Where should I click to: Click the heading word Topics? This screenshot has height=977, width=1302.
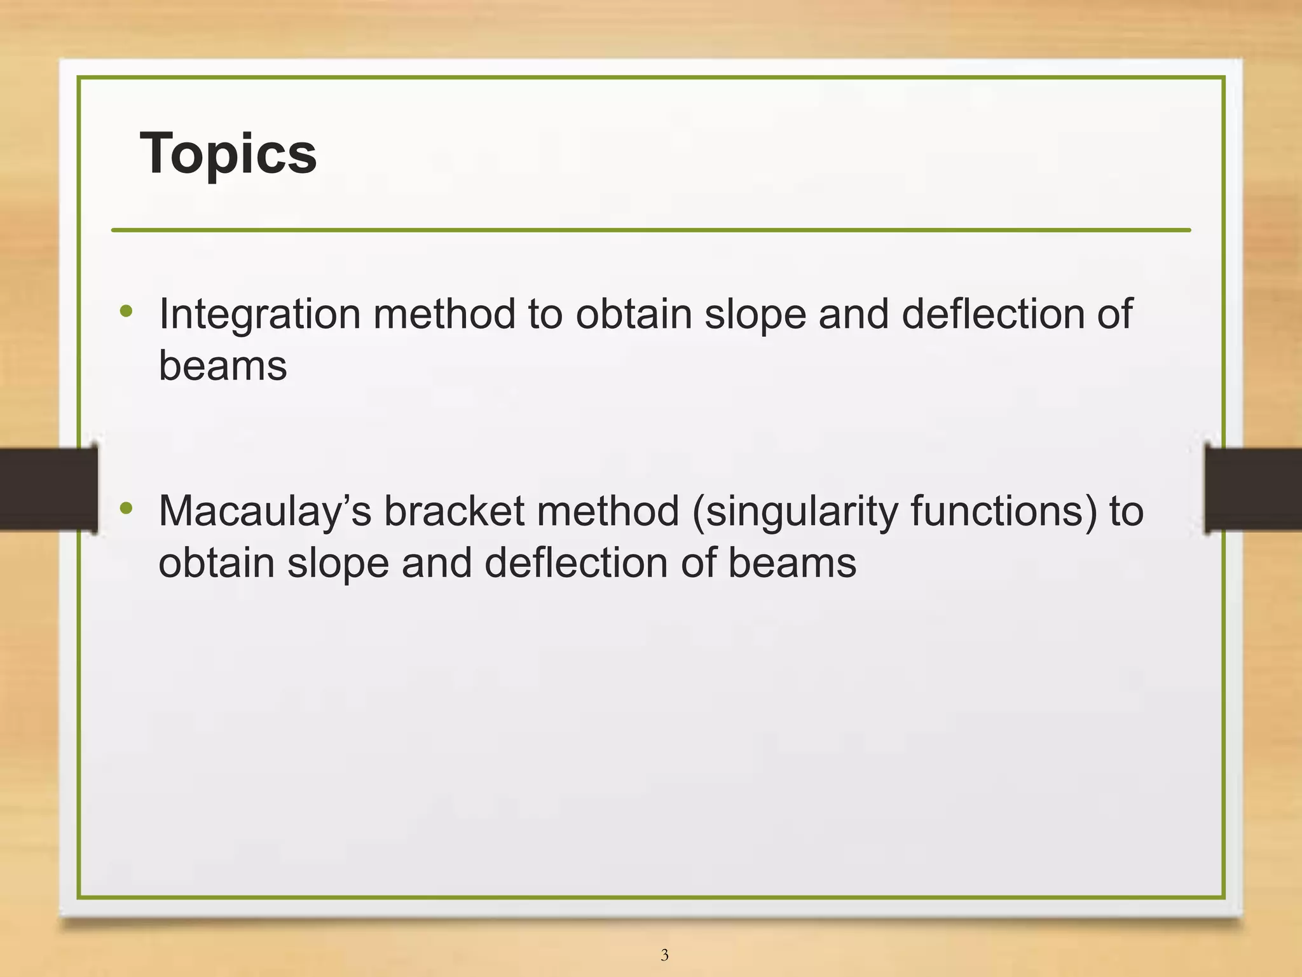point(228,153)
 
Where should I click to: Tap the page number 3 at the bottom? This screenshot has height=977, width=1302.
point(664,955)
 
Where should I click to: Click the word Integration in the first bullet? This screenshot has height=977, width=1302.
point(259,315)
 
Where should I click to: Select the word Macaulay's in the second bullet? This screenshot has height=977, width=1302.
point(264,512)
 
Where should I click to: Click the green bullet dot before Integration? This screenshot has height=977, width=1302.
point(127,311)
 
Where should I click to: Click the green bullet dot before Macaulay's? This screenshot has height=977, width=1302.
point(127,508)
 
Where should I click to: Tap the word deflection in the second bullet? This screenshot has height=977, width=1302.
point(575,563)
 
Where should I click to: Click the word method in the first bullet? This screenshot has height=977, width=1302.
point(444,314)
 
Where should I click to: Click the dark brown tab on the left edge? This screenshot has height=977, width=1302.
point(48,489)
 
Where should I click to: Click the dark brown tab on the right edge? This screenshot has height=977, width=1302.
point(1254,489)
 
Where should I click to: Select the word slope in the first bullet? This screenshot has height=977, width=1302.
point(755,315)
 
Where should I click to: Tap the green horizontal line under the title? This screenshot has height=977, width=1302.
point(651,230)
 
